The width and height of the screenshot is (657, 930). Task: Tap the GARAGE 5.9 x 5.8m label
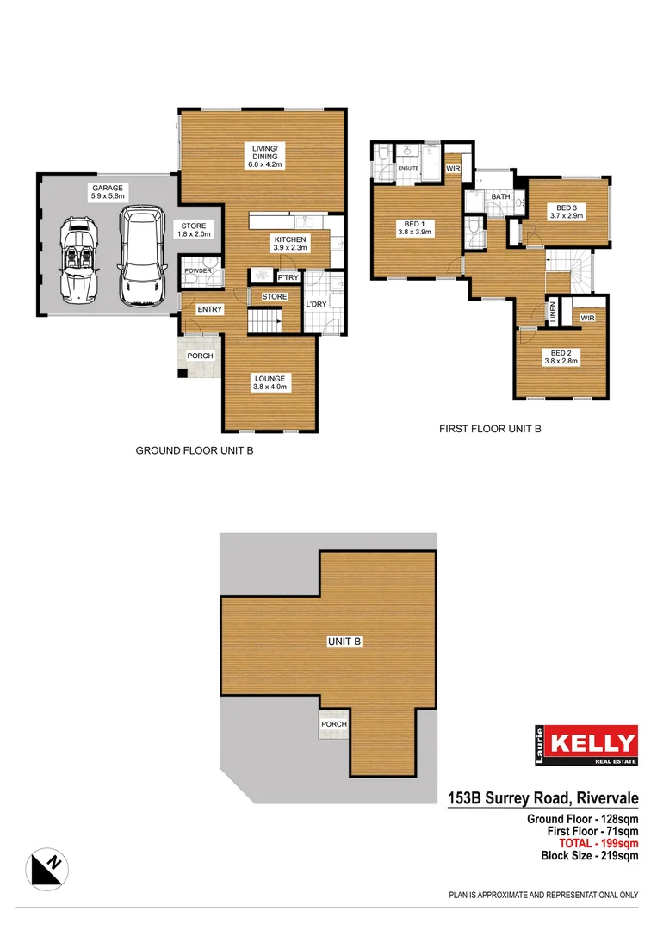click(108, 192)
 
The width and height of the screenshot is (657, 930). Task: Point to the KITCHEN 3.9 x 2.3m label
click(290, 244)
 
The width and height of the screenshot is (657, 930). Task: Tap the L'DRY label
click(316, 304)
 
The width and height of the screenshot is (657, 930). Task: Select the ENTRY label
click(209, 309)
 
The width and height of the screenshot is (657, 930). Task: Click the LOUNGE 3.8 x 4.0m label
click(270, 382)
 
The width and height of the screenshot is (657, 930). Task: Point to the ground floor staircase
click(265, 321)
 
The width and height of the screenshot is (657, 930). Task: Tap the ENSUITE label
click(407, 168)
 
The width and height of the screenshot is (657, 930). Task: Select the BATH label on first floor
click(500, 197)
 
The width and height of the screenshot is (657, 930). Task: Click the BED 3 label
click(566, 212)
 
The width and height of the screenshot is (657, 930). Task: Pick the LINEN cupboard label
click(553, 313)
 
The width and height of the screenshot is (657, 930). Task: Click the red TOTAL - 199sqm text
click(592, 843)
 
